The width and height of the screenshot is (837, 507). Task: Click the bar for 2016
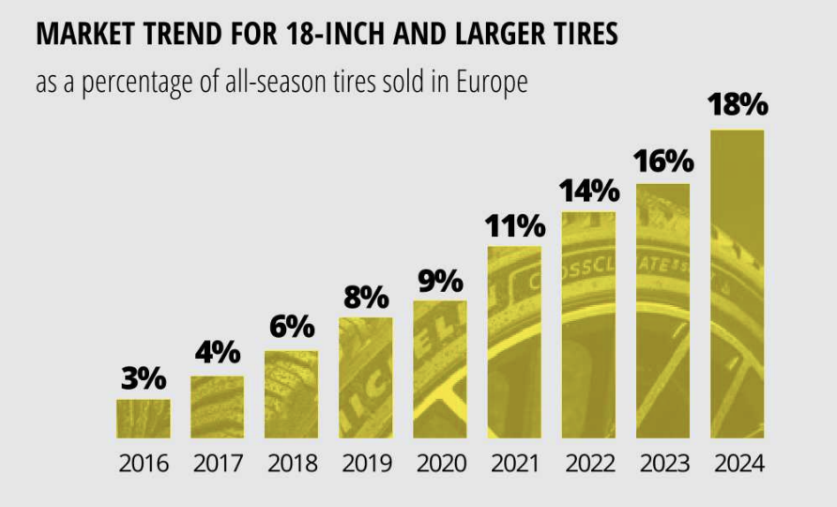[144, 418]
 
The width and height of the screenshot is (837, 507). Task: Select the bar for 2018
[292, 394]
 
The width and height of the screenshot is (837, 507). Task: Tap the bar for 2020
[440, 369]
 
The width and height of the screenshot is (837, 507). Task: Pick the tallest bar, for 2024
[737, 284]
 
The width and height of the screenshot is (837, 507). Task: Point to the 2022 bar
[588, 325]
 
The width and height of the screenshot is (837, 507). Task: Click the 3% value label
[144, 380]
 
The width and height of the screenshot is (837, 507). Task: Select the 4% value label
[218, 354]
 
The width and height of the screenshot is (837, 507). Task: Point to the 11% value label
[514, 226]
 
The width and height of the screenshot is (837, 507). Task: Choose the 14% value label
[588, 192]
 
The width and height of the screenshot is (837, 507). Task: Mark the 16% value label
[662, 161]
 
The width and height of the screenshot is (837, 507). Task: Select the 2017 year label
[218, 464]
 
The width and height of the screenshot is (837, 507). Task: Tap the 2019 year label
[366, 464]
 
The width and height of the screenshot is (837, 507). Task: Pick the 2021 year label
[514, 464]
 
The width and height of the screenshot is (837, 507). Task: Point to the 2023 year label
[662, 464]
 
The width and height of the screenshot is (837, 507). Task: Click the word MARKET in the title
[81, 36]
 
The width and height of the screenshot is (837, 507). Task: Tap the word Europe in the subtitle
[492, 83]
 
